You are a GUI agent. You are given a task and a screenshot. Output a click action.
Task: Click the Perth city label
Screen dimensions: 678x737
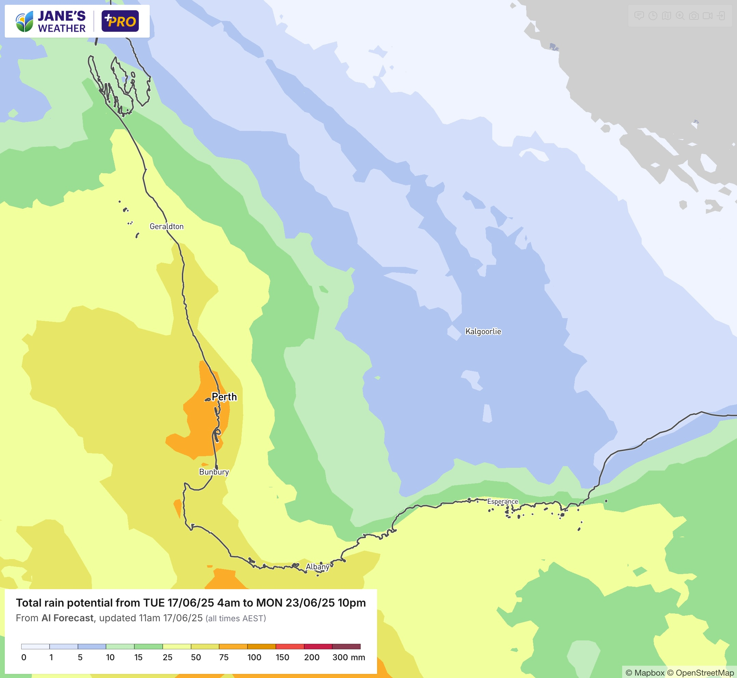tap(224, 397)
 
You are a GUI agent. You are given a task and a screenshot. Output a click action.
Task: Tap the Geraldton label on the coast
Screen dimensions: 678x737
tap(166, 226)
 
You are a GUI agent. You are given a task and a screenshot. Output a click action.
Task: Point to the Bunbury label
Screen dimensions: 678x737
tap(214, 472)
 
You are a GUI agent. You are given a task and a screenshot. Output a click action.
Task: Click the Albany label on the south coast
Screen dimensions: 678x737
tap(318, 567)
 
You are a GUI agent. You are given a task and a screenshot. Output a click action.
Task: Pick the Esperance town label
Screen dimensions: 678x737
tap(502, 502)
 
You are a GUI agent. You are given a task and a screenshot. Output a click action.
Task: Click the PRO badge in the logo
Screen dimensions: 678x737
tap(120, 21)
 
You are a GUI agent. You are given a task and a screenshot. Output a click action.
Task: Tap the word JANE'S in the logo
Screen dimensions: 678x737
tap(62, 16)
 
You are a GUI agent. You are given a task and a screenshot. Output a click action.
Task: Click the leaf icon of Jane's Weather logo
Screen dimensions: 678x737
tap(25, 21)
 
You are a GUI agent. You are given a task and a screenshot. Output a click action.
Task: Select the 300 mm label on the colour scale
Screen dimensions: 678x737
tap(348, 657)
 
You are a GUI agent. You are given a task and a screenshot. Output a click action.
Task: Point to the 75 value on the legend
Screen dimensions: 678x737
tap(224, 657)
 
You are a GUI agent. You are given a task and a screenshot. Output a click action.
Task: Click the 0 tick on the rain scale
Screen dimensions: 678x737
tap(24, 657)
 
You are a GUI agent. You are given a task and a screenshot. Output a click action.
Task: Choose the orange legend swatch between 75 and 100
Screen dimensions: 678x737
tap(233, 647)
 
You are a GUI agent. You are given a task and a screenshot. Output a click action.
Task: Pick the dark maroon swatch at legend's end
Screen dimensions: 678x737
tap(346, 647)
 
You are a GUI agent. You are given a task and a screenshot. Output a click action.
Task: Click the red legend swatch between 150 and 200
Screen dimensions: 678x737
tap(290, 647)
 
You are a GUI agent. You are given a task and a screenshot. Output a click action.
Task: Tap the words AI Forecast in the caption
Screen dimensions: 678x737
tap(67, 618)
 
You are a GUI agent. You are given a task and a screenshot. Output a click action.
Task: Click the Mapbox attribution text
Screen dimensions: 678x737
tap(645, 673)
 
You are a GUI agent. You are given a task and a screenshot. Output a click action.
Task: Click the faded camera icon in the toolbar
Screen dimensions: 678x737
tap(694, 16)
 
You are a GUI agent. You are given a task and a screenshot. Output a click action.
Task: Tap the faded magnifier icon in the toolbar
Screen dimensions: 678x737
tap(680, 16)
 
